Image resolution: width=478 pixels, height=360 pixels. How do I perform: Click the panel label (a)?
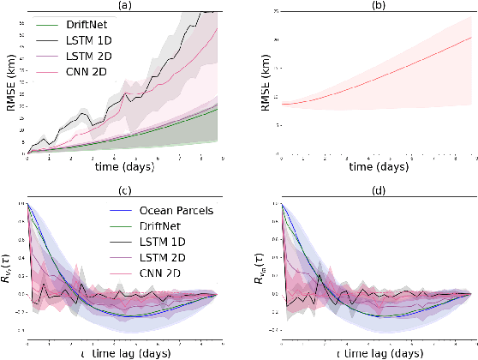pyautogui.click(x=125, y=6)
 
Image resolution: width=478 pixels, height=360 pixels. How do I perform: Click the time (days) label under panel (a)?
pyautogui.click(x=125, y=166)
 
